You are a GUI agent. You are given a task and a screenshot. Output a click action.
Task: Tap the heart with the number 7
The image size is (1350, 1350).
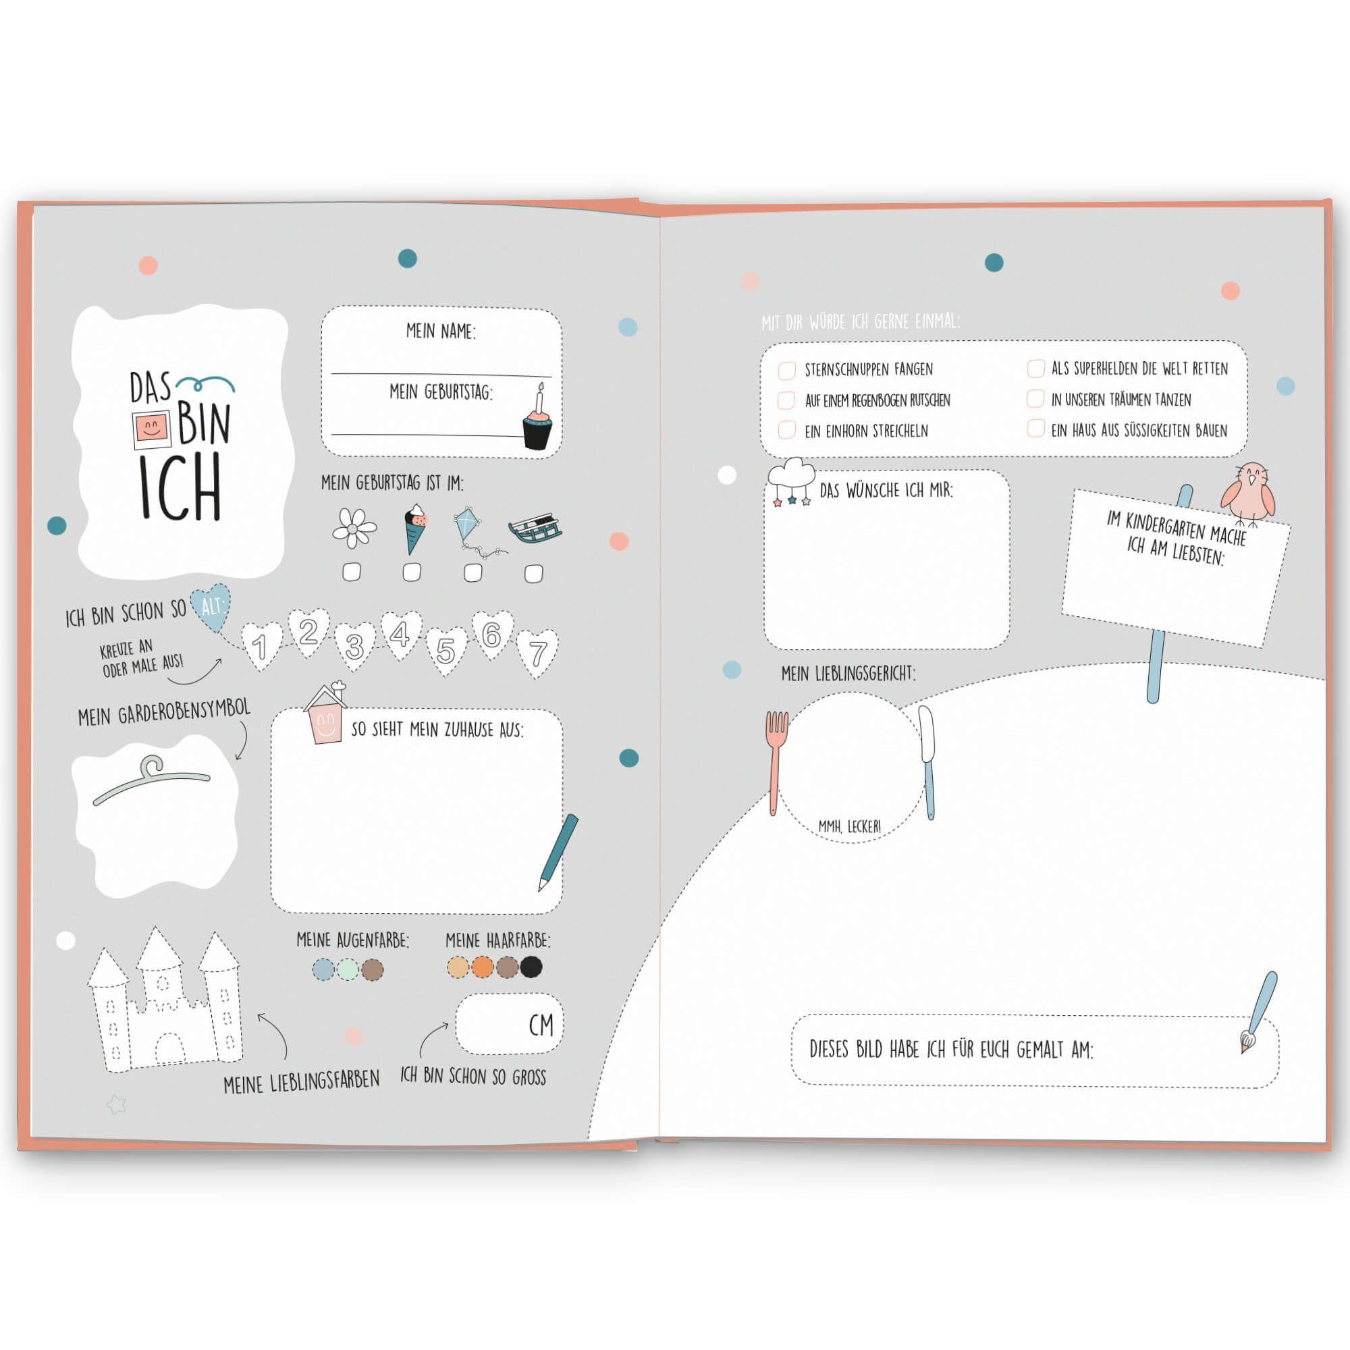point(537,654)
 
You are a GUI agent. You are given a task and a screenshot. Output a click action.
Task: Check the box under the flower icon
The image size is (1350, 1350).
point(352,572)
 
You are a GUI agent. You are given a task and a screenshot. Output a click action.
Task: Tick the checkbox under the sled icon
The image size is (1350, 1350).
point(534,574)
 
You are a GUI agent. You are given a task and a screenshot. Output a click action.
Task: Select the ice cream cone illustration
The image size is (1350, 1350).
point(414,529)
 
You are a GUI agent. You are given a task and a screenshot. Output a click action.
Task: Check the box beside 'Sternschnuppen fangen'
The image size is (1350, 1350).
point(787,371)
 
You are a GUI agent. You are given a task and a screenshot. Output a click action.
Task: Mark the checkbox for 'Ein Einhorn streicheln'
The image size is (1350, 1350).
point(787,430)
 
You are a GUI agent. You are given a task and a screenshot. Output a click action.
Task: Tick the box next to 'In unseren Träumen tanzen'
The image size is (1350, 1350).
point(1035,398)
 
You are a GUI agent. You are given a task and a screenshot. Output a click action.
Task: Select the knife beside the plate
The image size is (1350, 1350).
point(927,762)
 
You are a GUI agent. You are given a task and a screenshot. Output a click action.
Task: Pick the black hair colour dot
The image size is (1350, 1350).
point(531,967)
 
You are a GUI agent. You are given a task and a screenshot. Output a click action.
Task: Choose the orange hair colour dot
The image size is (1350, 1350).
point(482,967)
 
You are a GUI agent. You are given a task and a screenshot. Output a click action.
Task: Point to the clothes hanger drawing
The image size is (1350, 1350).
point(152,780)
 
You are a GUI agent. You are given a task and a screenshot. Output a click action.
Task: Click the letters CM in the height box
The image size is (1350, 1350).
point(541,1025)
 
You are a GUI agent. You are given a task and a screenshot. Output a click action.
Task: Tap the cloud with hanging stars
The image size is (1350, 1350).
point(792,481)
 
